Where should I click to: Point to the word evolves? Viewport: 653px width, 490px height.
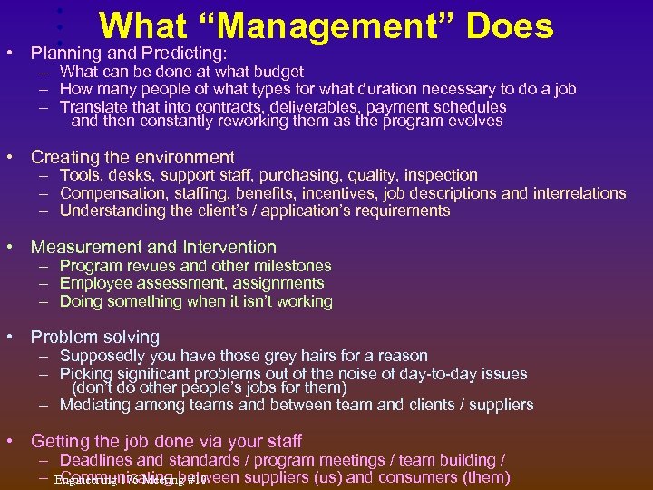pyautogui.click(x=472, y=122)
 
